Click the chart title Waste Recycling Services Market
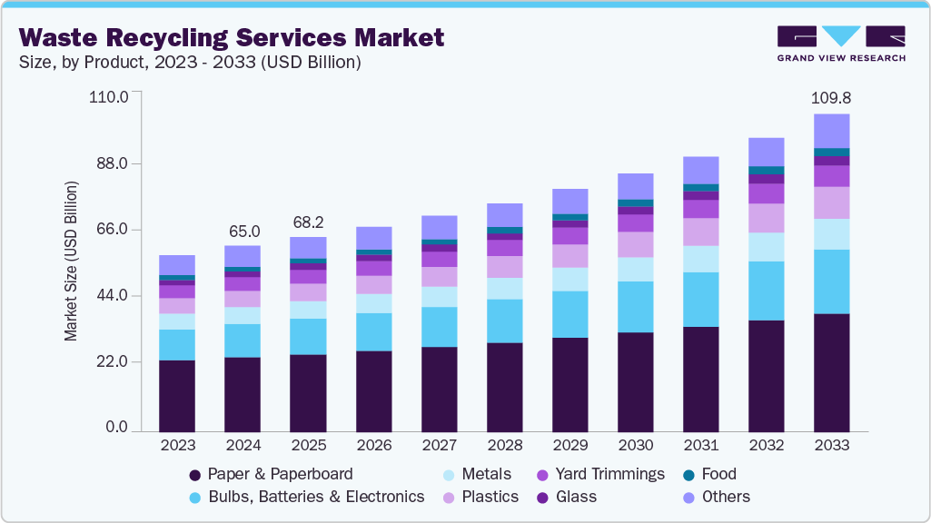point(232,37)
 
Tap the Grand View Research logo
point(841,44)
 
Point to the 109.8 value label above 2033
point(831,98)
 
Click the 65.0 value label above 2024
point(243,231)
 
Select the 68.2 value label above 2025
point(308,222)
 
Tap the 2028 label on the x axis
point(504,445)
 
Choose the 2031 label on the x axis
point(700,445)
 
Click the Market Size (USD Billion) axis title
point(71,261)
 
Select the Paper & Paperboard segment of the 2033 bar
point(831,372)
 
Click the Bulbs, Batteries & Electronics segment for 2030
point(635,307)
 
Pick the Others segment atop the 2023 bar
point(177,264)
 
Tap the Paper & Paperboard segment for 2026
point(373,390)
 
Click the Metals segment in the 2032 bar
point(766,247)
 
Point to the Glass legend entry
point(568,497)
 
